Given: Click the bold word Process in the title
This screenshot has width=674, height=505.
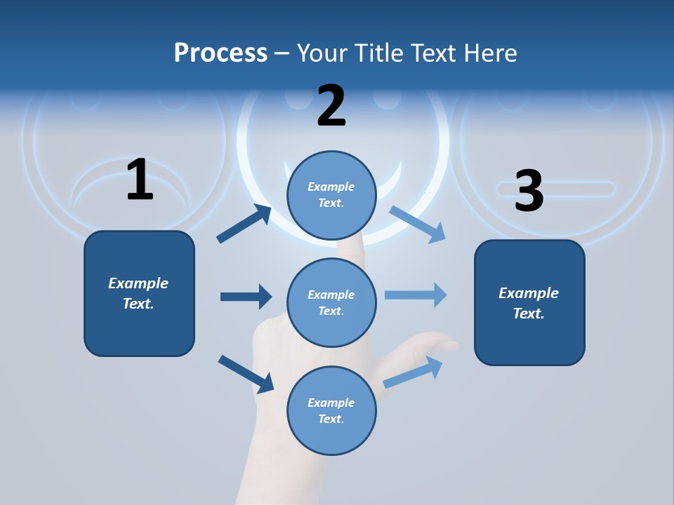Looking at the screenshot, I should tap(220, 53).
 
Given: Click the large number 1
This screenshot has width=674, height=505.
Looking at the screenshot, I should tap(140, 180).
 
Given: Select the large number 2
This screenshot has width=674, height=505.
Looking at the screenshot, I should tap(331, 106).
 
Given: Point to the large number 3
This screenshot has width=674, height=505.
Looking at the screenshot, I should tap(529, 191).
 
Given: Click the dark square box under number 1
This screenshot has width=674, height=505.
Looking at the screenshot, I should tap(139, 293).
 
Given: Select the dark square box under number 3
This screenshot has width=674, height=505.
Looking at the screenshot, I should tap(529, 302).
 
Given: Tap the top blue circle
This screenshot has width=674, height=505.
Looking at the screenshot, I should tap(331, 195).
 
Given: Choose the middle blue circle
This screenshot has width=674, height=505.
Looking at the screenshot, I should tap(331, 302).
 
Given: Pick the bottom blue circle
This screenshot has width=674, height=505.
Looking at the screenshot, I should tap(331, 410).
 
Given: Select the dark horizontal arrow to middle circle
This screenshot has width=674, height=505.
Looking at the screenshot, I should tap(246, 297).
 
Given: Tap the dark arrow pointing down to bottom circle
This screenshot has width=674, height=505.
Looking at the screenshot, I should tap(246, 374).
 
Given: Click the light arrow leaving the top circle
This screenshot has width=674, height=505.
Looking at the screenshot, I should tap(418, 224).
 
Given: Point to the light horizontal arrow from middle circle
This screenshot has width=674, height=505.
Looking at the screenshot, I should tap(416, 295).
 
